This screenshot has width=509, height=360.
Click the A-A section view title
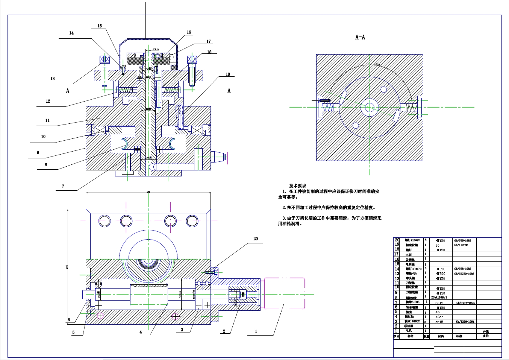coord(360,37)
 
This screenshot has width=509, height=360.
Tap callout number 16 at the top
coord(189,32)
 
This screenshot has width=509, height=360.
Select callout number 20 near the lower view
coord(256,239)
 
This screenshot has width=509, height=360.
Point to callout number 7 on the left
coord(63,186)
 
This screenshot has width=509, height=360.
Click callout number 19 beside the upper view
coord(228,74)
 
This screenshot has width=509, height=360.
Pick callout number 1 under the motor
coord(256,331)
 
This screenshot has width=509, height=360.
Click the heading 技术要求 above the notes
coord(297,186)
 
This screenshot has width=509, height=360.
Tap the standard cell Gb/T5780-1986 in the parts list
coord(464,274)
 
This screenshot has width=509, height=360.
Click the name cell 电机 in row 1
coord(409,331)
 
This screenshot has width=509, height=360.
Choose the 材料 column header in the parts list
coord(441,336)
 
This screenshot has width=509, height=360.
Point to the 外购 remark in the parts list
coord(486,331)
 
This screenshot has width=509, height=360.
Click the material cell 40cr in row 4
coord(439,317)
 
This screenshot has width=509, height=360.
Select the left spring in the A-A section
coord(328,107)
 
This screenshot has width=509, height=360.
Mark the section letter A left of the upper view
coord(68,91)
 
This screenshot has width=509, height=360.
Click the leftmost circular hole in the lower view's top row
coord(104,221)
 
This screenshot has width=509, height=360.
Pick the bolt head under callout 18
coord(192,59)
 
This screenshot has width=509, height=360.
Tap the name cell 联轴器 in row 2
coord(409,326)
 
